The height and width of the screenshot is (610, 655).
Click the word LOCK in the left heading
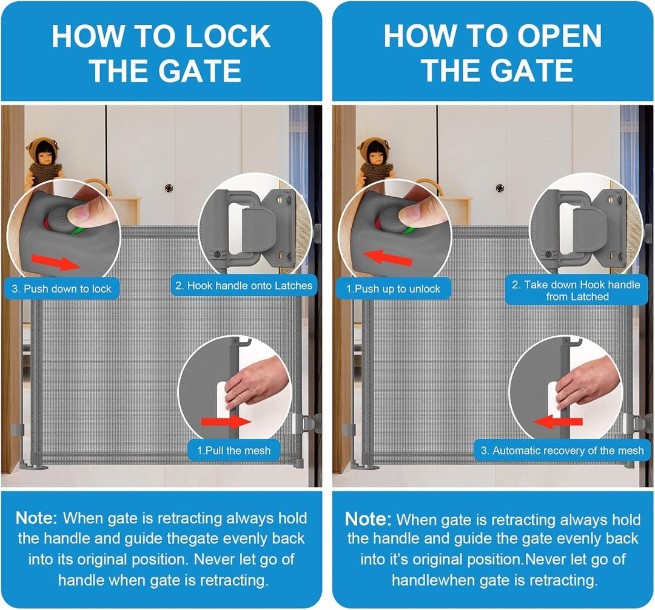(x=229, y=36)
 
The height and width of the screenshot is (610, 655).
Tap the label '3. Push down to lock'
(x=61, y=288)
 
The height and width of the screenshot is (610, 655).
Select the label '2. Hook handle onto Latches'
(x=244, y=285)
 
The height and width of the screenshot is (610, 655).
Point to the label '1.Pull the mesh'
(x=234, y=450)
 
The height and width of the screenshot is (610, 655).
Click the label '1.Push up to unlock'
(x=394, y=288)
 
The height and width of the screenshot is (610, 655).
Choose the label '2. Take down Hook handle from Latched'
(x=576, y=291)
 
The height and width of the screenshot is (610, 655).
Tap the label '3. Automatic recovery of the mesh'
(x=562, y=450)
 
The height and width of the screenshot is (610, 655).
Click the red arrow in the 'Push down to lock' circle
(x=56, y=262)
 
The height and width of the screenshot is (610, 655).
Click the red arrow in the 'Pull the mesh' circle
(x=226, y=421)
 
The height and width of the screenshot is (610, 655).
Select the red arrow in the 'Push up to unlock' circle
(x=388, y=258)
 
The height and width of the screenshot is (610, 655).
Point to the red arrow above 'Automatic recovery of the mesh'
(x=558, y=421)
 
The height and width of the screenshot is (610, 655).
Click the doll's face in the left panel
(x=42, y=155)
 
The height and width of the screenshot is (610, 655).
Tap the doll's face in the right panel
(x=374, y=155)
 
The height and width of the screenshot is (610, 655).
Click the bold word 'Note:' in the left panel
(x=36, y=518)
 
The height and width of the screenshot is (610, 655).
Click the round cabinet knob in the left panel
(x=169, y=188)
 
